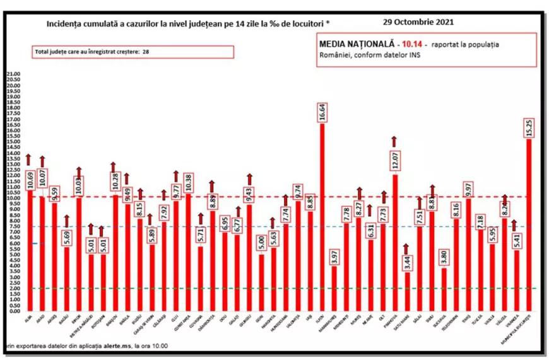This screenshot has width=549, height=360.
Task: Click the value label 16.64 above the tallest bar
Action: tap(322, 112)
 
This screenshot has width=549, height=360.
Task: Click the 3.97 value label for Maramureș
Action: tap(334, 256)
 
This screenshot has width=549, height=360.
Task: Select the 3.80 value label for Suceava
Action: tap(444, 257)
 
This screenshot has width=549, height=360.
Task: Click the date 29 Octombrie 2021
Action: tap(418, 21)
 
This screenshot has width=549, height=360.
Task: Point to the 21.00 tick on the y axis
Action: tap(13, 74)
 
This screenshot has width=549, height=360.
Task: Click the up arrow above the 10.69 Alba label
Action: tap(29, 158)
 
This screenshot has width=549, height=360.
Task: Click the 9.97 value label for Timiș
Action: tap(468, 187)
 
